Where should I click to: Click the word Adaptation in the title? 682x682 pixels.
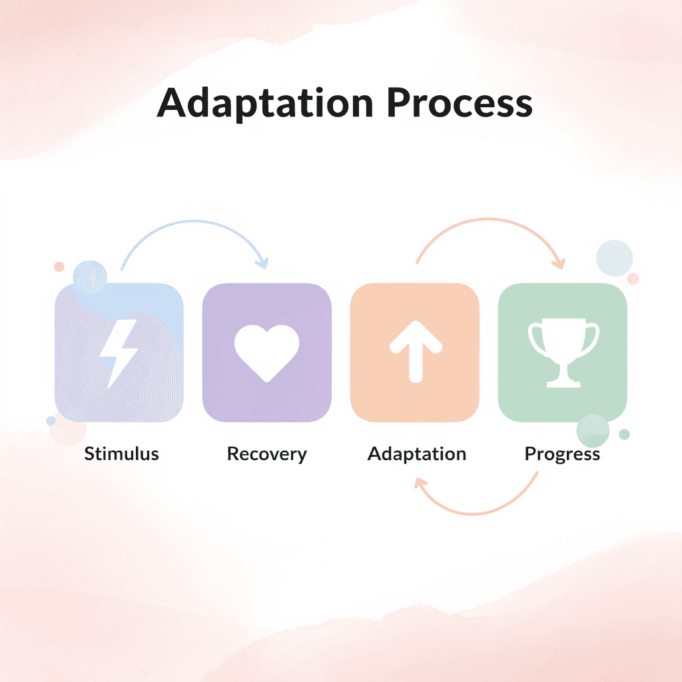tap(264, 104)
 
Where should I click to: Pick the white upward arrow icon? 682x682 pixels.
tap(416, 352)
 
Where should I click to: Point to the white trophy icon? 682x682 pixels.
tap(563, 354)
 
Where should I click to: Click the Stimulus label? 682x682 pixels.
tap(121, 454)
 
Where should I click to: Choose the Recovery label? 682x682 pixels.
tap(266, 454)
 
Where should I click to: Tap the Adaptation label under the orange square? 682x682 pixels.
tap(417, 454)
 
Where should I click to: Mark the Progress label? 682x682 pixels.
tap(562, 454)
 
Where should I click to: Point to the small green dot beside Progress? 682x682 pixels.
tap(624, 434)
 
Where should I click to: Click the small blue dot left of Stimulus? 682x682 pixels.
tap(51, 421)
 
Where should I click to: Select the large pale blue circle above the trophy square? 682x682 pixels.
tap(614, 258)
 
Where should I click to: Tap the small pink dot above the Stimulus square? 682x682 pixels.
tap(59, 266)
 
